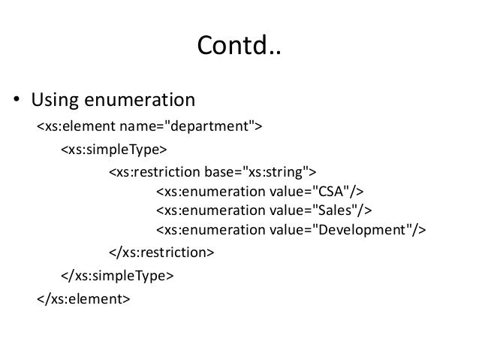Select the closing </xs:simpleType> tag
(117, 276)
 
